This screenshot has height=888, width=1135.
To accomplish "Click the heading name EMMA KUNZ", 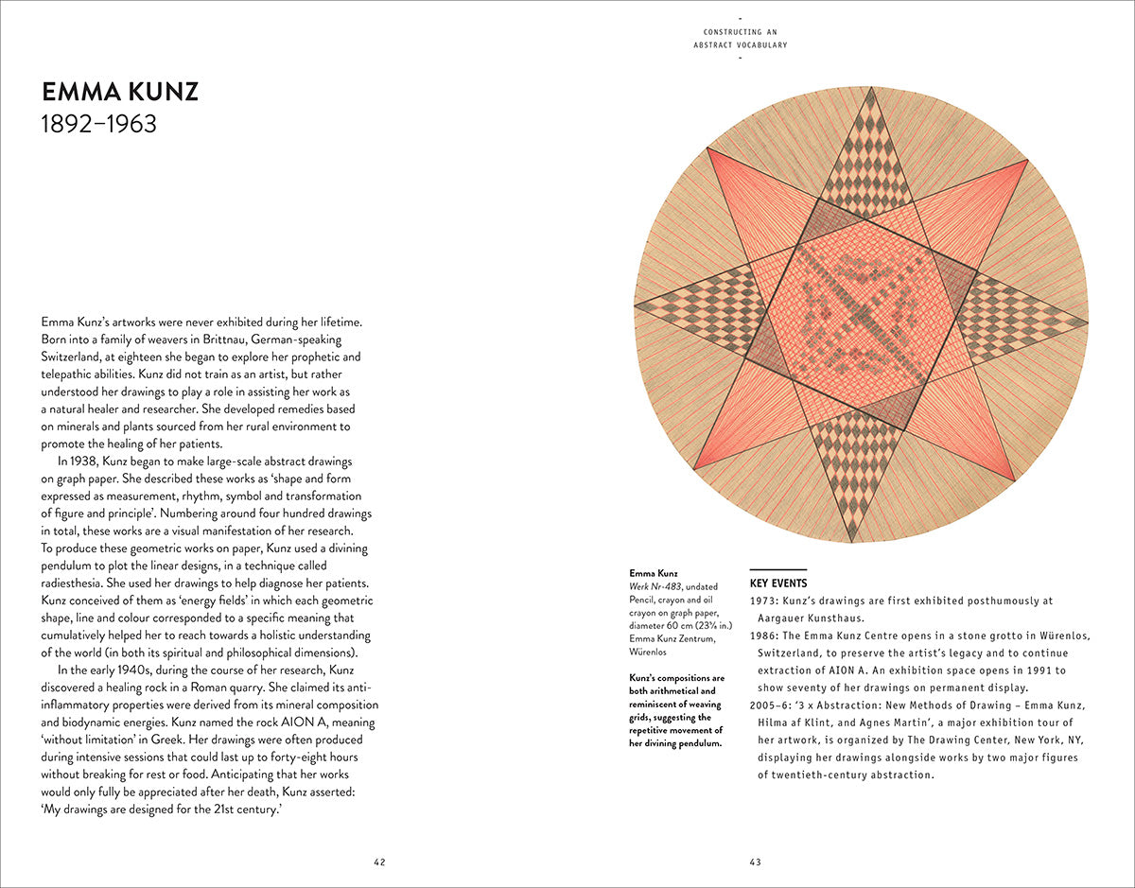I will [120, 93].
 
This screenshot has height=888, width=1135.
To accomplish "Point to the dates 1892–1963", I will [99, 124].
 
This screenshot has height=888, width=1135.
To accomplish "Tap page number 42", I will [379, 862].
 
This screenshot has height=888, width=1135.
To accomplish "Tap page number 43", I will [756, 862].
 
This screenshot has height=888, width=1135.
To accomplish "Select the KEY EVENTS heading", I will [778, 583].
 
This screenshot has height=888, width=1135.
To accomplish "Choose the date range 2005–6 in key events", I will [771, 706].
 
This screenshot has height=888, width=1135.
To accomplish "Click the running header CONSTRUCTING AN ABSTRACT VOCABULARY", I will [740, 39].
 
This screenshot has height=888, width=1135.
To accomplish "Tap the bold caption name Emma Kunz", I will [654, 573].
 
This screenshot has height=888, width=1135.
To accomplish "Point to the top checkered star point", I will [866, 156].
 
